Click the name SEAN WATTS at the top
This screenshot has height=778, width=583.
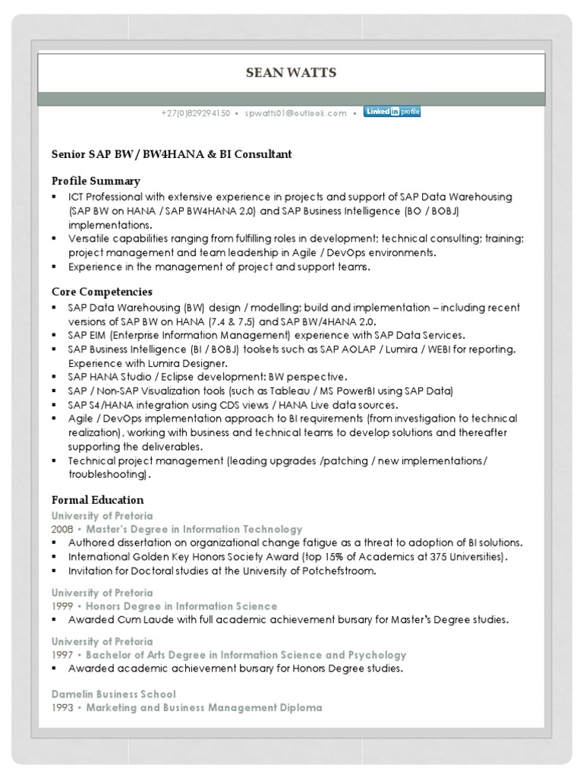click(291, 73)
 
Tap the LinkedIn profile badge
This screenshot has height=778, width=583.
click(392, 112)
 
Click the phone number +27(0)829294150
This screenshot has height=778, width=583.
click(195, 113)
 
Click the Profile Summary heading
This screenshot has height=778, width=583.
click(96, 181)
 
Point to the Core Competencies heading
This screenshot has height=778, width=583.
click(102, 292)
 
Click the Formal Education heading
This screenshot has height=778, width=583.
click(97, 500)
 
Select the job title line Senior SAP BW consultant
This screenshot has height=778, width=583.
click(172, 154)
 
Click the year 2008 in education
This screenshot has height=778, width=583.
click(63, 529)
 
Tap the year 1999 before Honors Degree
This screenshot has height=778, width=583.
click(63, 606)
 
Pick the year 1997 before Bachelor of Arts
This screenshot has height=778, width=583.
click(63, 655)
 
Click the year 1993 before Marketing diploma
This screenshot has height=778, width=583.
click(63, 707)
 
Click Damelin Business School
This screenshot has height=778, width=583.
click(114, 694)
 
